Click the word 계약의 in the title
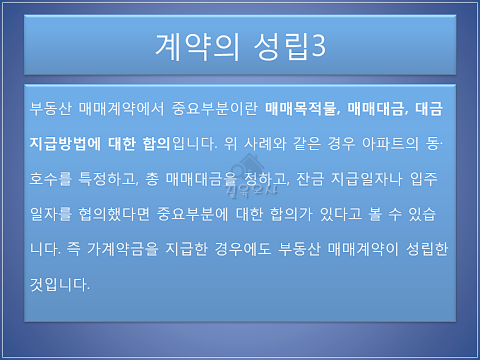197,47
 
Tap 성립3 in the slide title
290,47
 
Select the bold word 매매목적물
301,109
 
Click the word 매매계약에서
122,109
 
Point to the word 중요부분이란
214,109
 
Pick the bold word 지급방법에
65,144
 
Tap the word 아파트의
390,144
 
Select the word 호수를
50,179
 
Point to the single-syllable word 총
152,179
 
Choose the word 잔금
310,179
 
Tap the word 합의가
291,214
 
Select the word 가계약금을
123,250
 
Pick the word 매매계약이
363,250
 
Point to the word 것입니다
59,284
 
